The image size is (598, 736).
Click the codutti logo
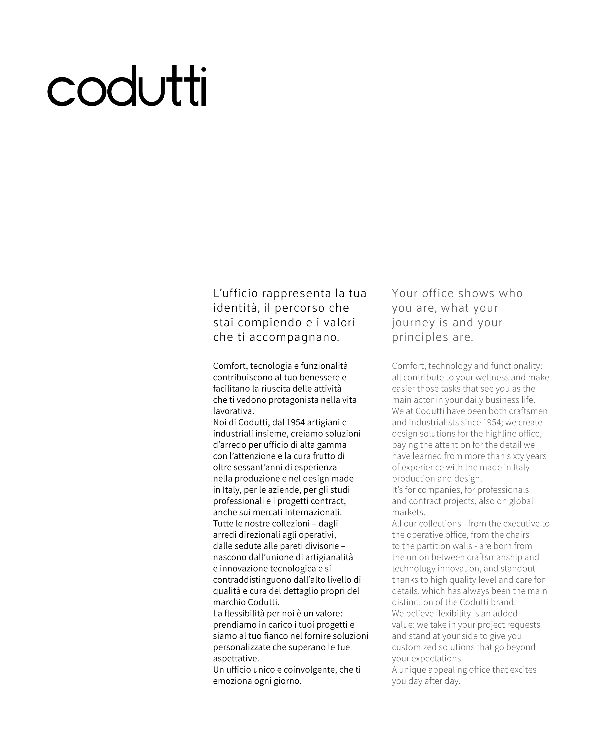click(x=127, y=86)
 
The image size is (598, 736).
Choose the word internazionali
click(x=313, y=512)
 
